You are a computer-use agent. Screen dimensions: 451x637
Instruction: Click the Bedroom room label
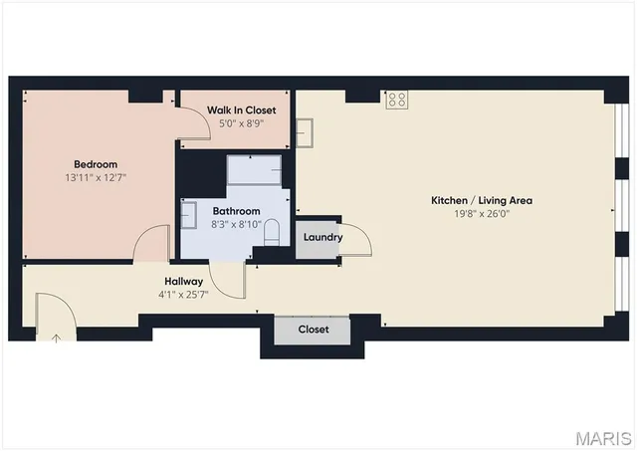(x=96, y=164)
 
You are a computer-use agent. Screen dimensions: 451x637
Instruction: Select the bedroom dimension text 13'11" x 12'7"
(x=96, y=177)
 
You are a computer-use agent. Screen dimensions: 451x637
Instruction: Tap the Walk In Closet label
(x=241, y=110)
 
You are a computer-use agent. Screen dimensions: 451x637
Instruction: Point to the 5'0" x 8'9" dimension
(x=241, y=123)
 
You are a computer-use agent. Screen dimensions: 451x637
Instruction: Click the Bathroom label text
(x=236, y=211)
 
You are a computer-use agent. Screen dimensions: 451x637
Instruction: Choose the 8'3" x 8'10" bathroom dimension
(x=236, y=225)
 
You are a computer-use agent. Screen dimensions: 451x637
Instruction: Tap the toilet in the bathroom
(x=272, y=233)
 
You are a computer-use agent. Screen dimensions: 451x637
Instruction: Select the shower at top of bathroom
(x=254, y=170)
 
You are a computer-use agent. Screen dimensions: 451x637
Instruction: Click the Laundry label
(x=322, y=237)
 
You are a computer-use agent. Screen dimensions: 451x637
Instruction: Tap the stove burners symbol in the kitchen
(x=397, y=99)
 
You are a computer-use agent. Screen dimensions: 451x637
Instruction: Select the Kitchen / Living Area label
(x=481, y=200)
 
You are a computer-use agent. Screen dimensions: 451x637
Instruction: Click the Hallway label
(x=180, y=282)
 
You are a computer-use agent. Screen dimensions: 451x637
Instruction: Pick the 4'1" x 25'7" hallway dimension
(x=180, y=295)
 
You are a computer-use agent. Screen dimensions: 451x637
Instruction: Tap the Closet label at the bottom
(x=314, y=330)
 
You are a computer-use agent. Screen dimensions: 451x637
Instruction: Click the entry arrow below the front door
(x=56, y=338)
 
